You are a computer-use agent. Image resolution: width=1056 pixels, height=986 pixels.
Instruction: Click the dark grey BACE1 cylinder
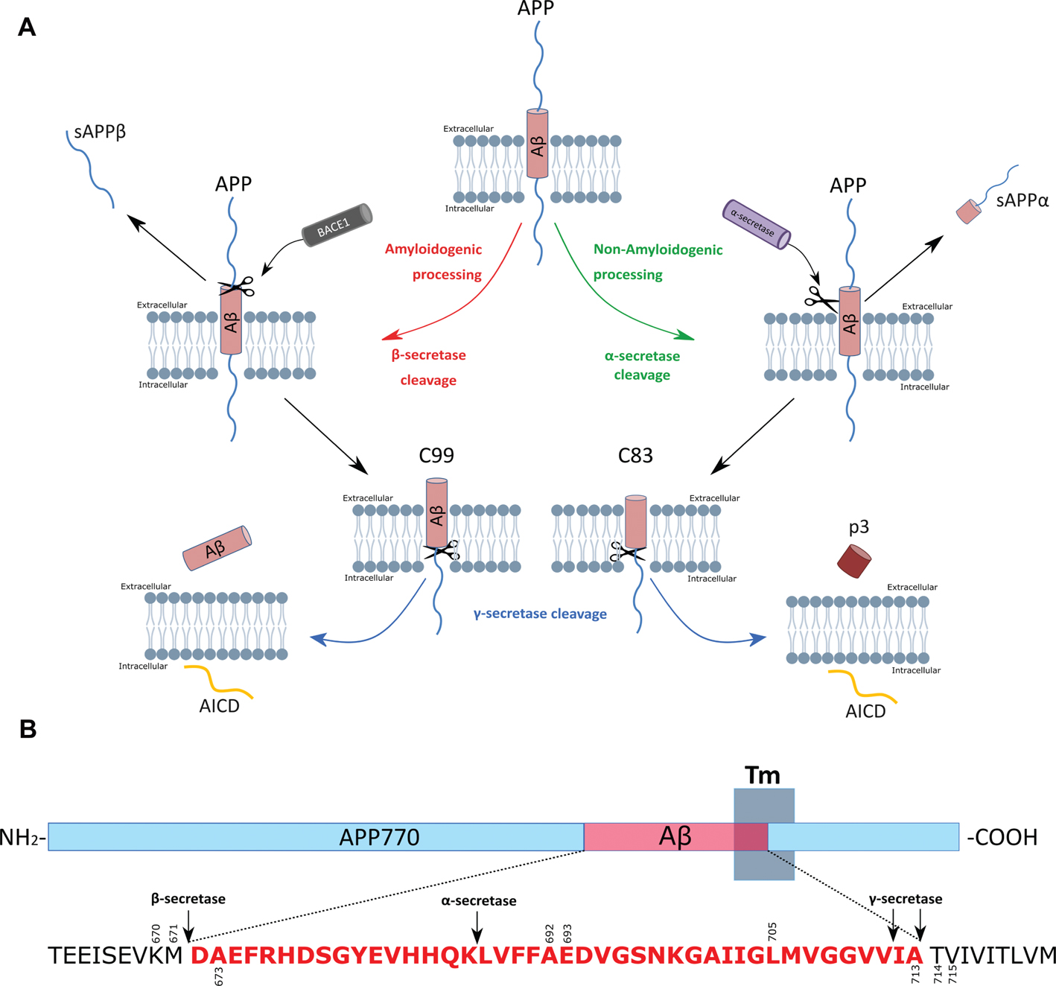point(337,225)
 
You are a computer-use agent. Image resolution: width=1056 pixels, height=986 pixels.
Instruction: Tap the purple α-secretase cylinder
point(756,224)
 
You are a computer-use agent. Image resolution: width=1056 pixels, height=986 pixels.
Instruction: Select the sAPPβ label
point(100,133)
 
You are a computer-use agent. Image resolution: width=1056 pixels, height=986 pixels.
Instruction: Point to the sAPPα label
point(1022,200)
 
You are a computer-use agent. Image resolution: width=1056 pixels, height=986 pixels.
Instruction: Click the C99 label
point(436,455)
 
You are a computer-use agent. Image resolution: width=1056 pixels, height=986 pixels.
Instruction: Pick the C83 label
point(635,455)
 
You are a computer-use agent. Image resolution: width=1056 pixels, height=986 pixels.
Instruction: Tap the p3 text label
point(859,527)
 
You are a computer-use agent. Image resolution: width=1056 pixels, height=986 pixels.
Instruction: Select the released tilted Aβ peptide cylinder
point(217,548)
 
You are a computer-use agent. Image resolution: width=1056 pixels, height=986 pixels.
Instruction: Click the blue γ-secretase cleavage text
point(540,614)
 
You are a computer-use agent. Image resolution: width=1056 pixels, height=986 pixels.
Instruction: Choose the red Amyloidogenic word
point(433,249)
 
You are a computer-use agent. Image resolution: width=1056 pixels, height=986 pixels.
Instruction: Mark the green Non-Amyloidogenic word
point(658,249)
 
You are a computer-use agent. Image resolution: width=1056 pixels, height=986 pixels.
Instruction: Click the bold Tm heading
point(762,776)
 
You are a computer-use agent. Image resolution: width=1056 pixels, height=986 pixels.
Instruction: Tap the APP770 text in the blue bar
point(379,837)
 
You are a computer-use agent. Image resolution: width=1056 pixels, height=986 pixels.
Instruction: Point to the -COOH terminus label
point(1002,837)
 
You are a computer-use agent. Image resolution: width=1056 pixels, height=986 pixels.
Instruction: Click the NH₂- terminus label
point(23,837)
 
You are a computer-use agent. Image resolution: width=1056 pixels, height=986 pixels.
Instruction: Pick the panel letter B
point(28,729)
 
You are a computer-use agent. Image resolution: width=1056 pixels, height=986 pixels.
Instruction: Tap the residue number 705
point(772,931)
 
